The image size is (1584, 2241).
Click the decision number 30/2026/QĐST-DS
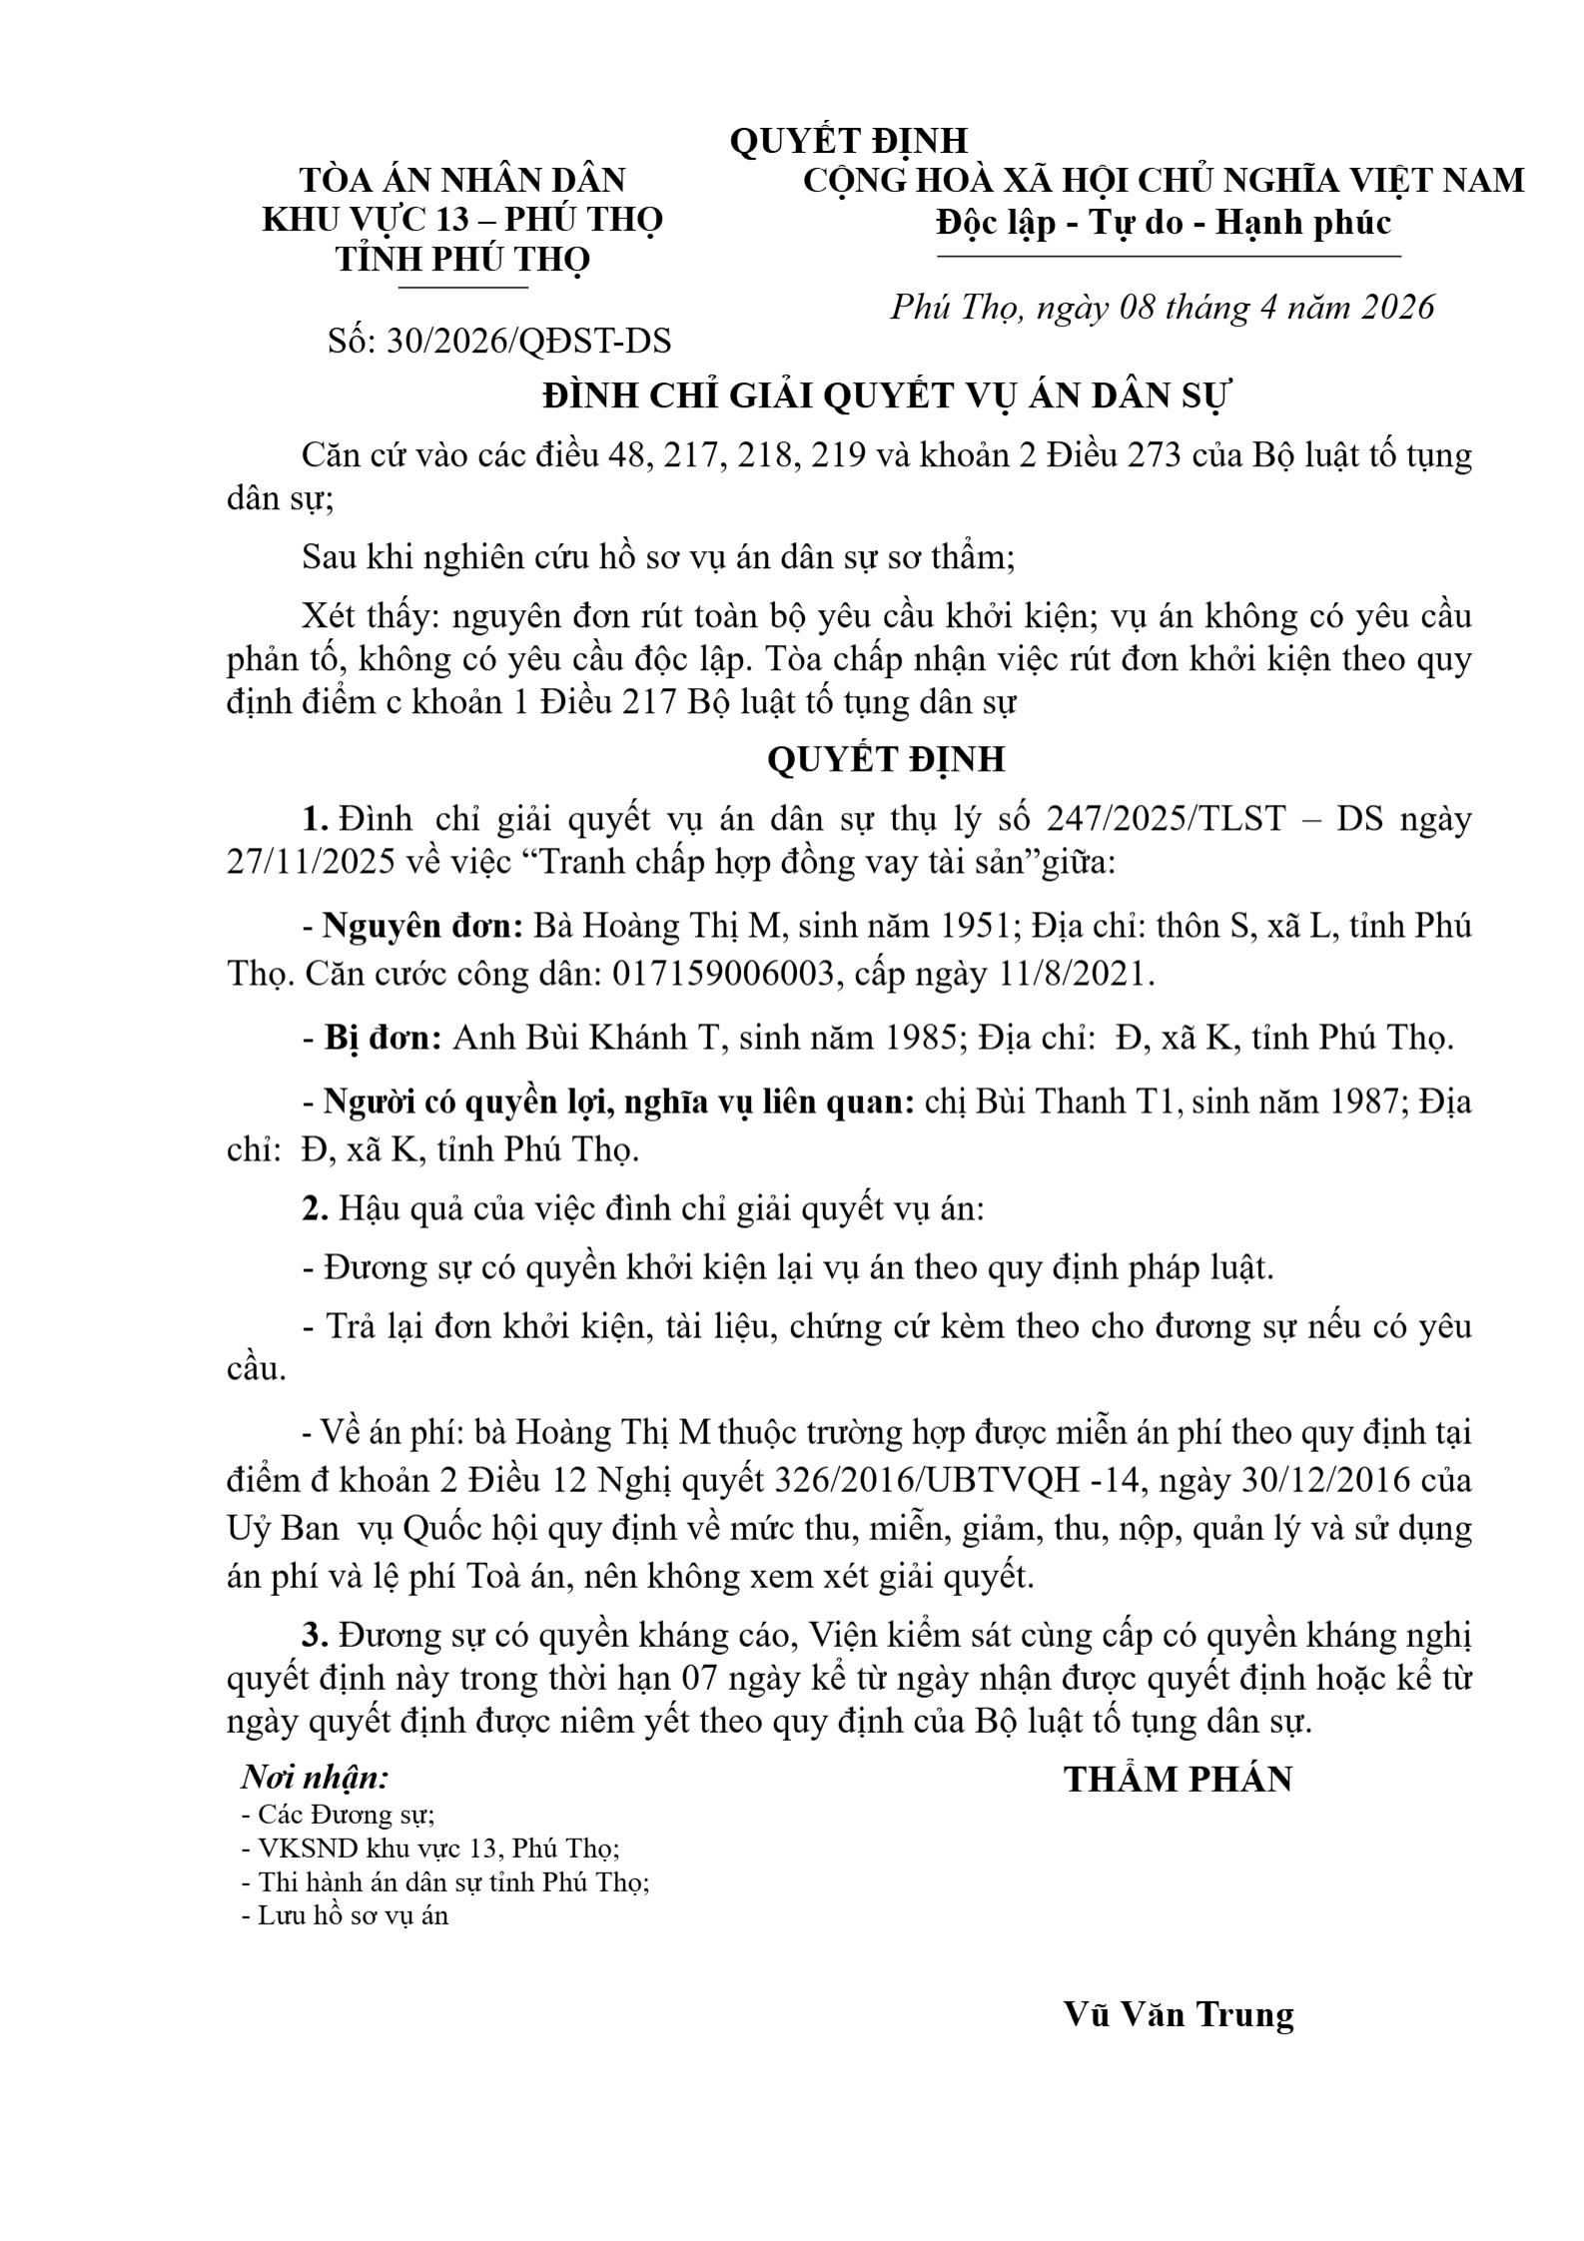click(528, 341)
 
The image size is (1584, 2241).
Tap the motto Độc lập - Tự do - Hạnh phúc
click(1163, 222)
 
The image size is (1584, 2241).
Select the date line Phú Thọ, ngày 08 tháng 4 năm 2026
click(1163, 307)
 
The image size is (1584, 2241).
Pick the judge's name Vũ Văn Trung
click(1179, 2014)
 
